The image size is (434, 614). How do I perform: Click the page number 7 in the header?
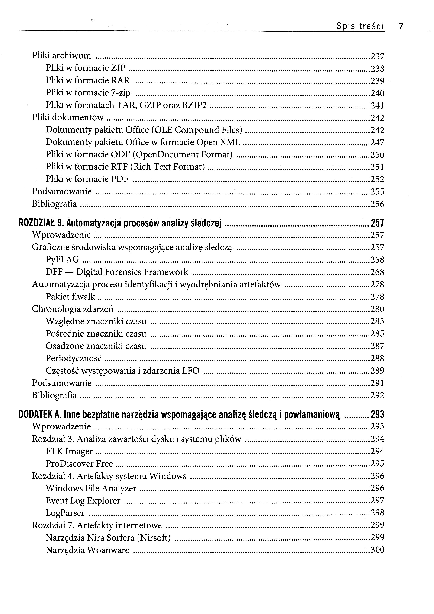pos(401,26)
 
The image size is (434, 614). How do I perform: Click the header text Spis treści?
pos(360,26)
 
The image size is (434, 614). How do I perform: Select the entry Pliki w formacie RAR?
pos(87,80)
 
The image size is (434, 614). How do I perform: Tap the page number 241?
pos(377,106)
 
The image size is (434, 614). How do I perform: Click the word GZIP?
pos(150,105)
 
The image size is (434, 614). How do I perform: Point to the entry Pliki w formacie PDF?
pos(87,179)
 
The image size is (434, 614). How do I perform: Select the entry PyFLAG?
pos(62,259)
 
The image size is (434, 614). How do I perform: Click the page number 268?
pos(377,272)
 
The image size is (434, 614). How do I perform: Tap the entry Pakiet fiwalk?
pos(70,297)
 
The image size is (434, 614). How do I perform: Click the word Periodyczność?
pos(74,358)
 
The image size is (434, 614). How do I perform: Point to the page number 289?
pos(377,371)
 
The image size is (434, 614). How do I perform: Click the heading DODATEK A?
pos(39,414)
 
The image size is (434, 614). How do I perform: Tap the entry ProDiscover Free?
pos(79,463)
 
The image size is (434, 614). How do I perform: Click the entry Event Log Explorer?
pos(83,500)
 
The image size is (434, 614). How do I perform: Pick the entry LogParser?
pos(65,513)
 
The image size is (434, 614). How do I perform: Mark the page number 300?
pos(377,550)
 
